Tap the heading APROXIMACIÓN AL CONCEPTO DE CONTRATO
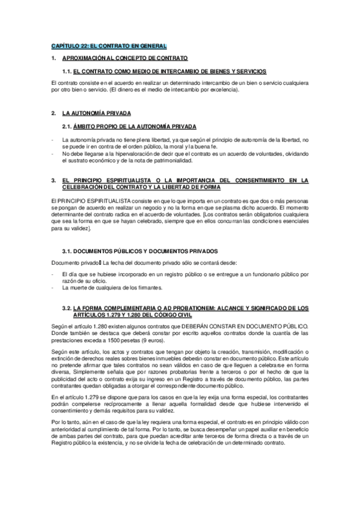coord(125,58)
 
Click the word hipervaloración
coord(115,154)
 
